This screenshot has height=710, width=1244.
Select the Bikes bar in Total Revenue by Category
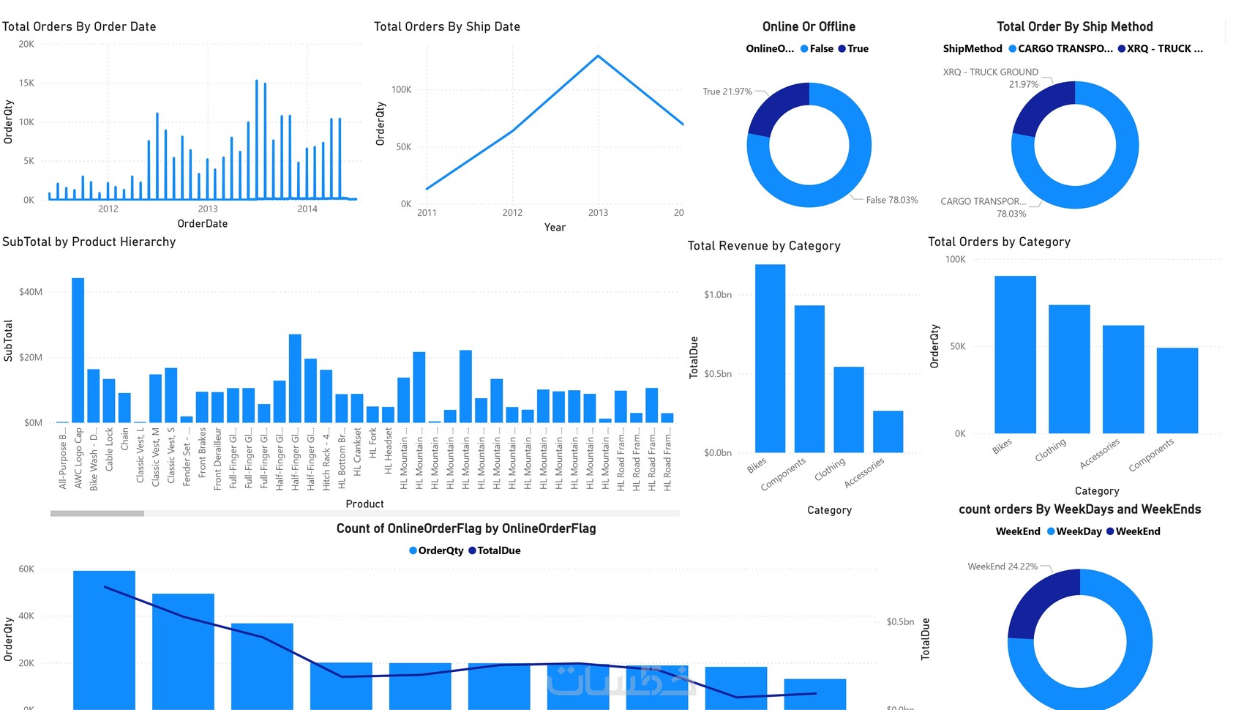pyautogui.click(x=770, y=359)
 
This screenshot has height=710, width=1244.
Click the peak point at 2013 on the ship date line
pyautogui.click(x=598, y=56)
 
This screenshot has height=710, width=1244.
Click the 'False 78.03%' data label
pyautogui.click(x=891, y=200)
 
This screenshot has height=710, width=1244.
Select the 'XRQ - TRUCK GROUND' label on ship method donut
pyautogui.click(x=990, y=72)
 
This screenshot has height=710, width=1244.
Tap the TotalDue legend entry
pyautogui.click(x=498, y=550)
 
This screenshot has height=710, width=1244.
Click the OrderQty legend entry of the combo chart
pyautogui.click(x=441, y=550)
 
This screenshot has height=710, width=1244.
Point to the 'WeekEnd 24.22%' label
pyautogui.click(x=1002, y=567)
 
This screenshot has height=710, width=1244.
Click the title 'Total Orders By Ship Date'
pyautogui.click(x=446, y=26)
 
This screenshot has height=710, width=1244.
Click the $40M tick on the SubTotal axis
pyautogui.click(x=31, y=292)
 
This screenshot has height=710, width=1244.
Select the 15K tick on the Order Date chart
pyautogui.click(x=26, y=83)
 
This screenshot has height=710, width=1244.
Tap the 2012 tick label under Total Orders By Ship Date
pyautogui.click(x=512, y=213)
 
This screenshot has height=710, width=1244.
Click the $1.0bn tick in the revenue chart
pyautogui.click(x=717, y=295)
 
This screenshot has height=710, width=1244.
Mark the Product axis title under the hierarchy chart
pyautogui.click(x=364, y=504)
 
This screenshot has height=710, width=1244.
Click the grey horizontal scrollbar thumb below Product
pyautogui.click(x=97, y=514)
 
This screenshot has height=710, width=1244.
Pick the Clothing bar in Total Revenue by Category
pyautogui.click(x=849, y=409)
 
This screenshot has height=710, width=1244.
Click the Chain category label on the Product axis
pyautogui.click(x=124, y=439)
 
